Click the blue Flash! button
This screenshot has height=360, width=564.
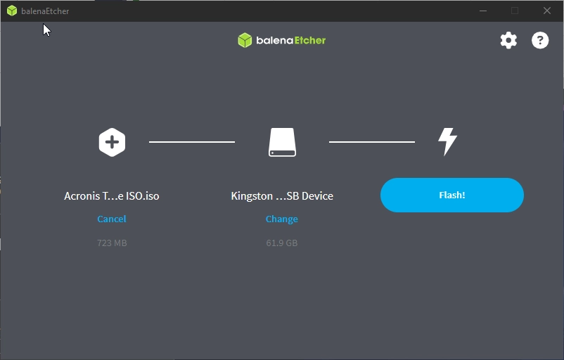click(451, 195)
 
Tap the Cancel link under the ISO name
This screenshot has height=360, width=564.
click(112, 219)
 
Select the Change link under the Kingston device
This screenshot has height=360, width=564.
click(281, 219)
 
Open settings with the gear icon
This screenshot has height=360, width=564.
click(508, 40)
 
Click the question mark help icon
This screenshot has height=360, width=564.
click(540, 40)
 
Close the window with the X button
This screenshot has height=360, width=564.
click(546, 11)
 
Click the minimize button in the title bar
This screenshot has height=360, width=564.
click(483, 11)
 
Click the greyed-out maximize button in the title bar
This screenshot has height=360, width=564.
click(515, 11)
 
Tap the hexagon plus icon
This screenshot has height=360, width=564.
click(112, 142)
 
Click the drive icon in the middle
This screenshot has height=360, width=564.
click(283, 142)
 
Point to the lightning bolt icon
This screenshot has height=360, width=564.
click(447, 142)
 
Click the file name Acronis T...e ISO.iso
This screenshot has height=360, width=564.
click(112, 196)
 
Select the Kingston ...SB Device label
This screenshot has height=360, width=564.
click(282, 196)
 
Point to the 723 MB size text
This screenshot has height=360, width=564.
click(112, 243)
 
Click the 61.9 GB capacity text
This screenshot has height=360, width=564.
click(281, 243)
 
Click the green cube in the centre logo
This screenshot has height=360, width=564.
click(245, 40)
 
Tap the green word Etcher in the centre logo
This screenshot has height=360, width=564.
click(310, 40)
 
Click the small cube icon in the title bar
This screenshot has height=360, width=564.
click(12, 11)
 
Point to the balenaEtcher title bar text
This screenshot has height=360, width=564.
click(45, 11)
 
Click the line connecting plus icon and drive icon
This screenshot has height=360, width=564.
click(192, 142)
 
